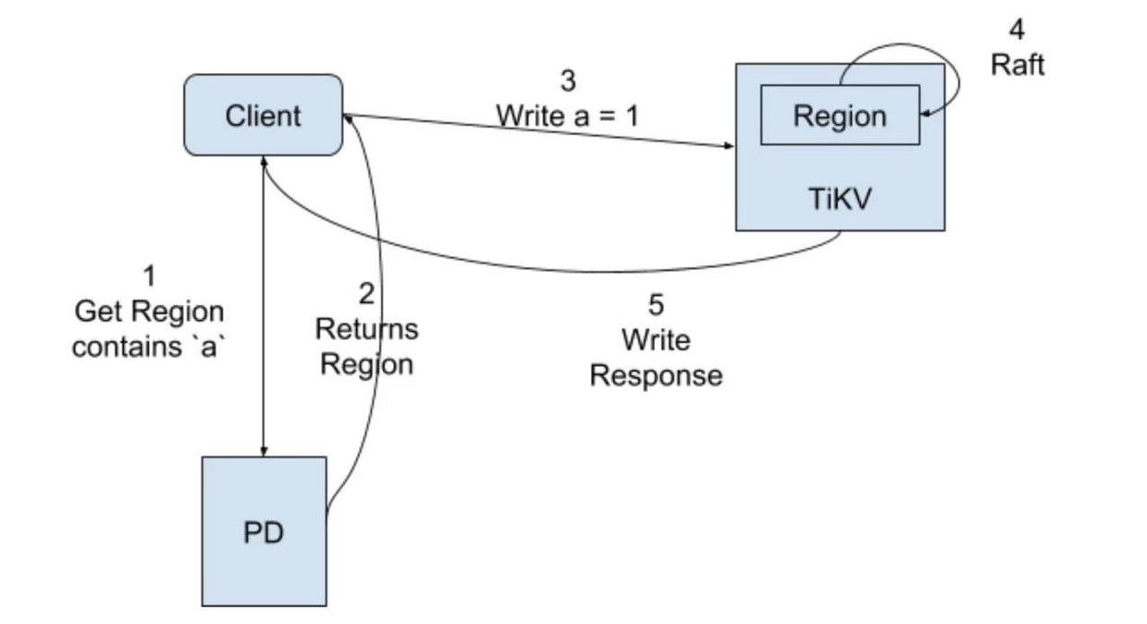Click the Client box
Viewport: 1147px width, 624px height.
pos(263,116)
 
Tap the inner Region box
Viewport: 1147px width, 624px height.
pos(839,116)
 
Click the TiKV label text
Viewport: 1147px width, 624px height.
pos(839,198)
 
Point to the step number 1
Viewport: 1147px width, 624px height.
pos(149,275)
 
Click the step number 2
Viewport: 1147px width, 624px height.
pos(366,294)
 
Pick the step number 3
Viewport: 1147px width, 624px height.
pos(567,81)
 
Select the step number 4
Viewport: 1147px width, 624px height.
pos(1017,30)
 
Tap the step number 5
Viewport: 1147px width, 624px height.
pos(656,304)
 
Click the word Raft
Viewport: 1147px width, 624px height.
pos(1017,65)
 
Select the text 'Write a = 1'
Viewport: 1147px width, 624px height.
pos(567,116)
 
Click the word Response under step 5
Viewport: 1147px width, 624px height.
pos(656,375)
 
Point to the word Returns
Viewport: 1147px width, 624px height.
pos(366,328)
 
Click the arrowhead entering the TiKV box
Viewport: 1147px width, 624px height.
pos(729,146)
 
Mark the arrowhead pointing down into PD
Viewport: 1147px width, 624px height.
pos(265,451)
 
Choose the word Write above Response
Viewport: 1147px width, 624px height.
pos(656,340)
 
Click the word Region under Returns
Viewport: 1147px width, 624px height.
pos(366,363)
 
